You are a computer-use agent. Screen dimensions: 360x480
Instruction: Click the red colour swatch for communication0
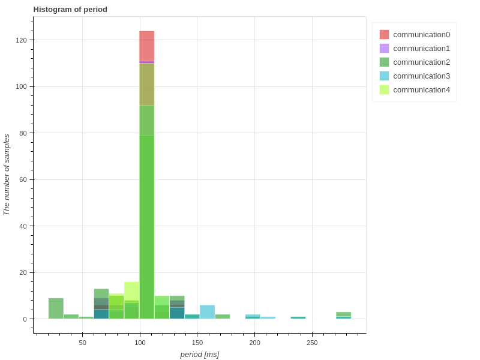pyautogui.click(x=385, y=35)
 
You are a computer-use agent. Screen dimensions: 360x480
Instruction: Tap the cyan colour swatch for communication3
pyautogui.click(x=385, y=76)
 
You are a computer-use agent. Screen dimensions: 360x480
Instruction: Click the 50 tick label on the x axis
pyautogui.click(x=82, y=343)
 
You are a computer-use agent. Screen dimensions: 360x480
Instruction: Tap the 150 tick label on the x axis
pyautogui.click(x=197, y=343)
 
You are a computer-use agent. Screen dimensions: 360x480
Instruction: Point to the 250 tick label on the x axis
pyautogui.click(x=312, y=343)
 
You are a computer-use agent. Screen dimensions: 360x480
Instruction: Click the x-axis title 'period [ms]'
pyautogui.click(x=200, y=355)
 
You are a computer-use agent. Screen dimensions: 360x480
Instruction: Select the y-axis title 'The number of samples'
pyautogui.click(x=7, y=175)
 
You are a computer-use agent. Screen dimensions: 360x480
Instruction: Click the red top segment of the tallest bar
pyautogui.click(x=147, y=46)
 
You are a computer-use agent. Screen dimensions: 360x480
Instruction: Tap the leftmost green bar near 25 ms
pyautogui.click(x=56, y=308)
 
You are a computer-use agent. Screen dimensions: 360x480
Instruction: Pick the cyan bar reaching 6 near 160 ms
pyautogui.click(x=208, y=312)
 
